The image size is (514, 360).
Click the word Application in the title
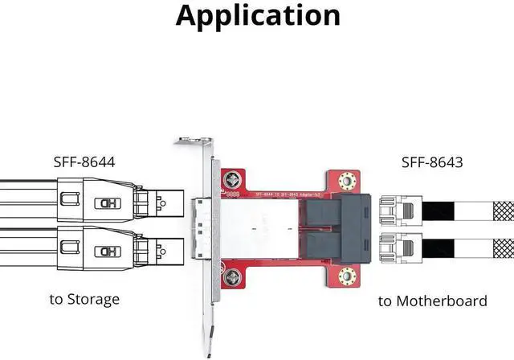point(257,15)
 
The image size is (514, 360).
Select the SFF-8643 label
point(431,163)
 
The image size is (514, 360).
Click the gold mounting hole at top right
point(348,182)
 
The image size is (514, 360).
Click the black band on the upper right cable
point(439,211)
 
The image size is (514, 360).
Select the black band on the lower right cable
point(439,247)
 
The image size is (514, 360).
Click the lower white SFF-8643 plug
point(398,247)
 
